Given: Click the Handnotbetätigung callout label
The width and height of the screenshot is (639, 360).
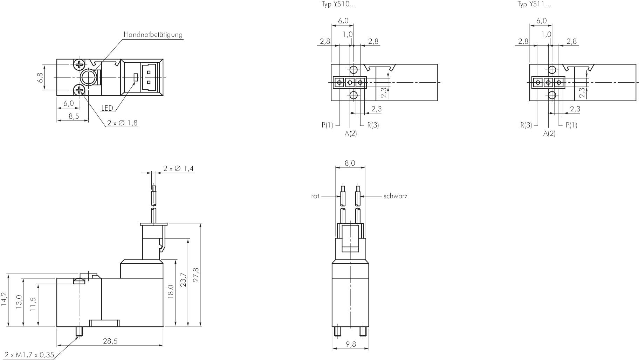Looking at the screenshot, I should pos(153,34).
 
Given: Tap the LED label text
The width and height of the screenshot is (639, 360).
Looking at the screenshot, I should pos(107,108).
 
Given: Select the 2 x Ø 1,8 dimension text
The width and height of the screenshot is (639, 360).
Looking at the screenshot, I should pos(122,123).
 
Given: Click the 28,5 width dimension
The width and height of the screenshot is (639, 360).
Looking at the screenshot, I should pos(110,341).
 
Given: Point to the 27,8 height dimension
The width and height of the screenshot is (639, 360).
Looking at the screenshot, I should pos(196,275).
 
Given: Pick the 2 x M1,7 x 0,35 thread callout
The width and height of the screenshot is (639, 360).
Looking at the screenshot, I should pos(29,355).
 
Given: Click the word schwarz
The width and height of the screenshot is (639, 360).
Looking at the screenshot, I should pos(395,196).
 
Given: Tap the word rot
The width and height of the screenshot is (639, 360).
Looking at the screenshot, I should pos(315,196).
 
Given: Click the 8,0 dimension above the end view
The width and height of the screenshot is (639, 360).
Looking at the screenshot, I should pos(350,163).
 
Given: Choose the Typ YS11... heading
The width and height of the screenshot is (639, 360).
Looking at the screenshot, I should pos(534,4).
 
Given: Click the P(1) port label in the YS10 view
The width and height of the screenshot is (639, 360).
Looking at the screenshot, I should pos(327,125).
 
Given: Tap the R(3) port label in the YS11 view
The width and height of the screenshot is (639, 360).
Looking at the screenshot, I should pos(526,125).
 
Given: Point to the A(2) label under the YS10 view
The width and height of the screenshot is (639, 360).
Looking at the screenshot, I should pos(350,133).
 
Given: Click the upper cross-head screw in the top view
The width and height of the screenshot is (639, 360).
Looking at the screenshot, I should pos(80,64).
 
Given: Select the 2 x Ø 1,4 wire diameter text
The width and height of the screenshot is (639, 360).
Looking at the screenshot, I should pos(178,168).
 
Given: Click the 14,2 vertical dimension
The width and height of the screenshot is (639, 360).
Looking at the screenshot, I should pos(4,300).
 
